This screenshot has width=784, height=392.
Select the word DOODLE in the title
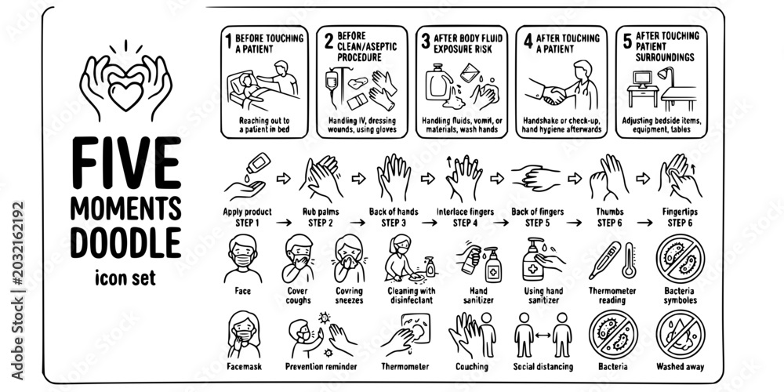point(125,242)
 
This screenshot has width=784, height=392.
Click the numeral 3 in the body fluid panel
point(426,42)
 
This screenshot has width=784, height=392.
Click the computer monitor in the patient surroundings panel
point(643,79)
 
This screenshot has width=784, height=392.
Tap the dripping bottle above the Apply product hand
point(258,164)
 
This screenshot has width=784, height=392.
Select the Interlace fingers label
point(465,212)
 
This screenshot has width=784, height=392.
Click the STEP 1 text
point(247,223)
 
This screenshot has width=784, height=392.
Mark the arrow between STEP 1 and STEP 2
point(284,223)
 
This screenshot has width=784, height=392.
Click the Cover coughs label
point(298,296)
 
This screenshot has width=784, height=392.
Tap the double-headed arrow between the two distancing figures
point(543,336)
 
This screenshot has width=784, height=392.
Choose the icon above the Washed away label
point(680,335)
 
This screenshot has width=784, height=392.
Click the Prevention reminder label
point(321,366)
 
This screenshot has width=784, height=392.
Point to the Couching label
point(471,366)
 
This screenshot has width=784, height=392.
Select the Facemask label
point(244,366)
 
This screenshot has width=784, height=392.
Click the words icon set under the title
point(125,277)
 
